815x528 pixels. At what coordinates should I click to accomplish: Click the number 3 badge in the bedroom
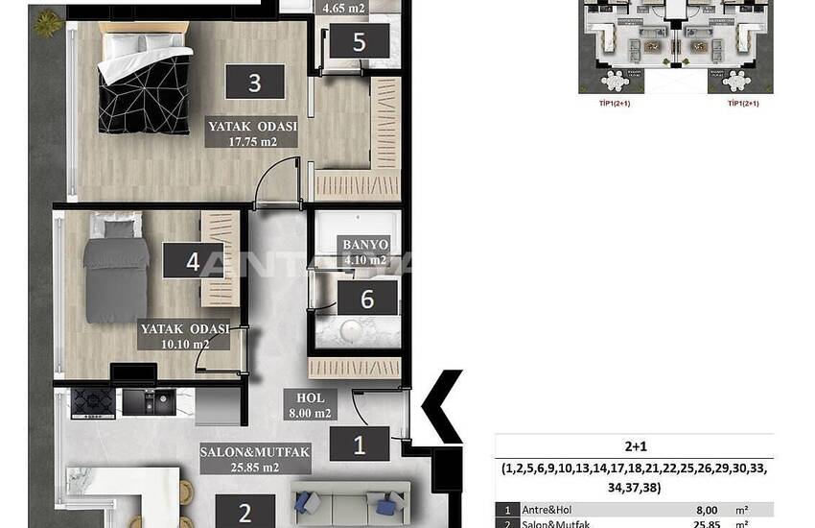[255, 82]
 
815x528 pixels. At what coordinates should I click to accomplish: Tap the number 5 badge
[359, 42]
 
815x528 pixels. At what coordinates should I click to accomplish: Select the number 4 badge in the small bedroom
[194, 262]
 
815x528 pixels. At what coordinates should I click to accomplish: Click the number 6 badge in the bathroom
[366, 299]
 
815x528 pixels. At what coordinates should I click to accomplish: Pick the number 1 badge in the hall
[360, 444]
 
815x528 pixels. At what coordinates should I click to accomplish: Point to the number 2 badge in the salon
[244, 512]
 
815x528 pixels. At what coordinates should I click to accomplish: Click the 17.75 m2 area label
[253, 142]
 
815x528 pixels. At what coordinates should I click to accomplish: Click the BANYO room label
[365, 245]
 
